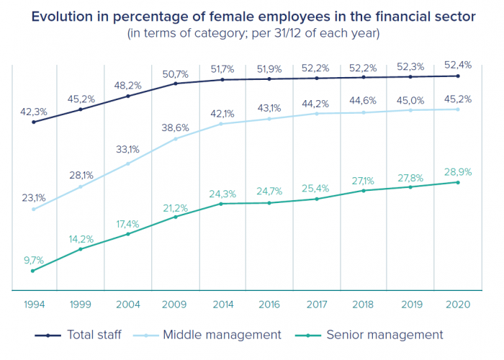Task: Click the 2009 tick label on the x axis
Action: [x=175, y=305]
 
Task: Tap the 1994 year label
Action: [x=33, y=305]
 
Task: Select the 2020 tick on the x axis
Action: [x=458, y=305]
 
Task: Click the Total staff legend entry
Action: [x=94, y=335]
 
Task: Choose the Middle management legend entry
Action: [x=222, y=335]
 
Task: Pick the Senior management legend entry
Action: [x=384, y=335]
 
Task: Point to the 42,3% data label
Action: [x=34, y=112]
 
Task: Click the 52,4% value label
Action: [x=458, y=65]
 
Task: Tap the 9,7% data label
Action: [x=34, y=259]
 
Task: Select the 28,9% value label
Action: [x=458, y=171]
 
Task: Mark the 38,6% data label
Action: [x=175, y=127]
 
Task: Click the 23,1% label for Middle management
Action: [x=34, y=198]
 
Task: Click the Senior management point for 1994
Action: [x=33, y=271]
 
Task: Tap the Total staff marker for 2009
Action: [x=175, y=84]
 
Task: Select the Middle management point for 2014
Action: [x=222, y=124]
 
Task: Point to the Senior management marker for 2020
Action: [x=458, y=182]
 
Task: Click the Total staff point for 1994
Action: [x=33, y=122]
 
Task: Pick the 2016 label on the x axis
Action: [x=269, y=305]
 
